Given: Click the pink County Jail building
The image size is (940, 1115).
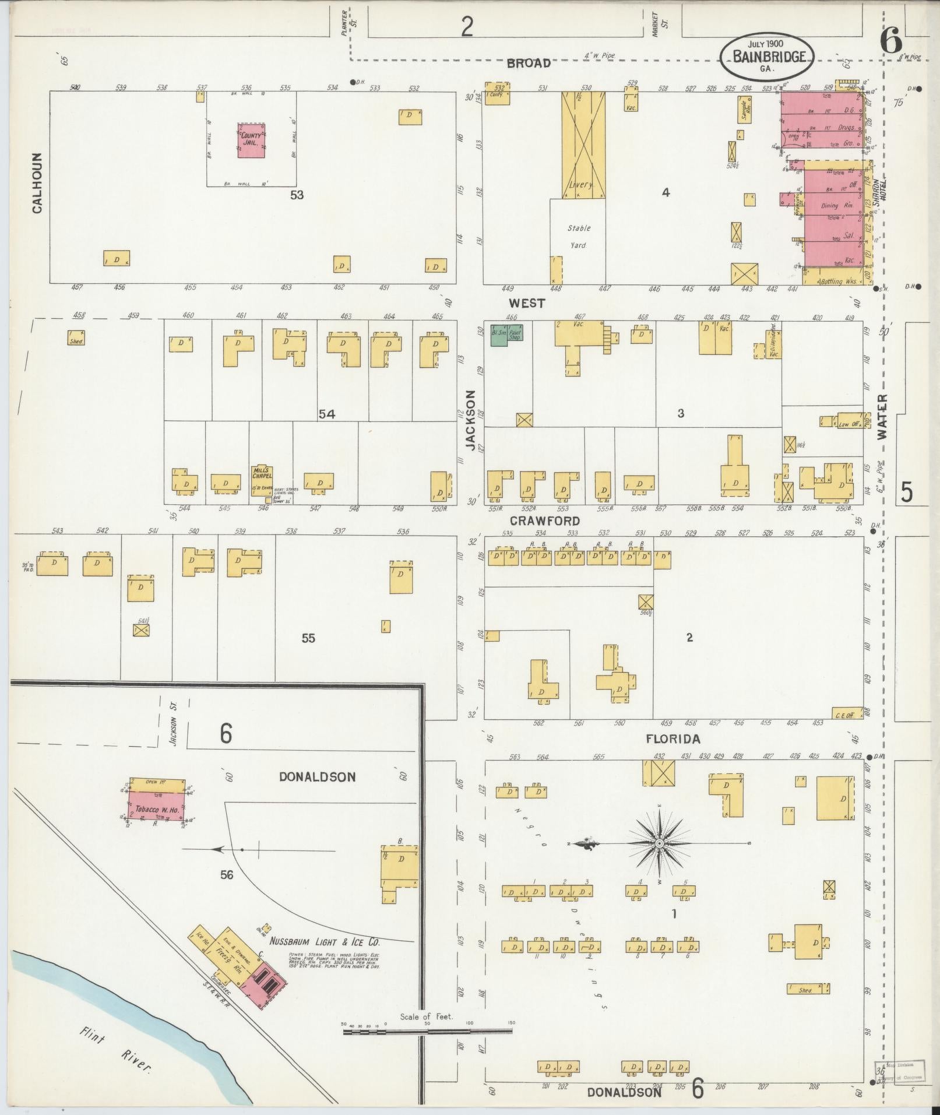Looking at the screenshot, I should pos(251,140).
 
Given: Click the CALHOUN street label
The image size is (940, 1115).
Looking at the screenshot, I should pos(38,182).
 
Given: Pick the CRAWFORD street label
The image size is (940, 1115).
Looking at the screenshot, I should pos(545,520).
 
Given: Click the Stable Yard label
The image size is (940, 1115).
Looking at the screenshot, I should pos(578,236).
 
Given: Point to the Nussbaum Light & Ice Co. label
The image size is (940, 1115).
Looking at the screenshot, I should pos(325,941).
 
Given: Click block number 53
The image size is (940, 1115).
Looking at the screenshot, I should pos(297,195).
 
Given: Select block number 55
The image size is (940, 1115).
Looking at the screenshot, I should pos(308,638).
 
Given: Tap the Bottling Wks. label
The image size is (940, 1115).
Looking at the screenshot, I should pos(837,281).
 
